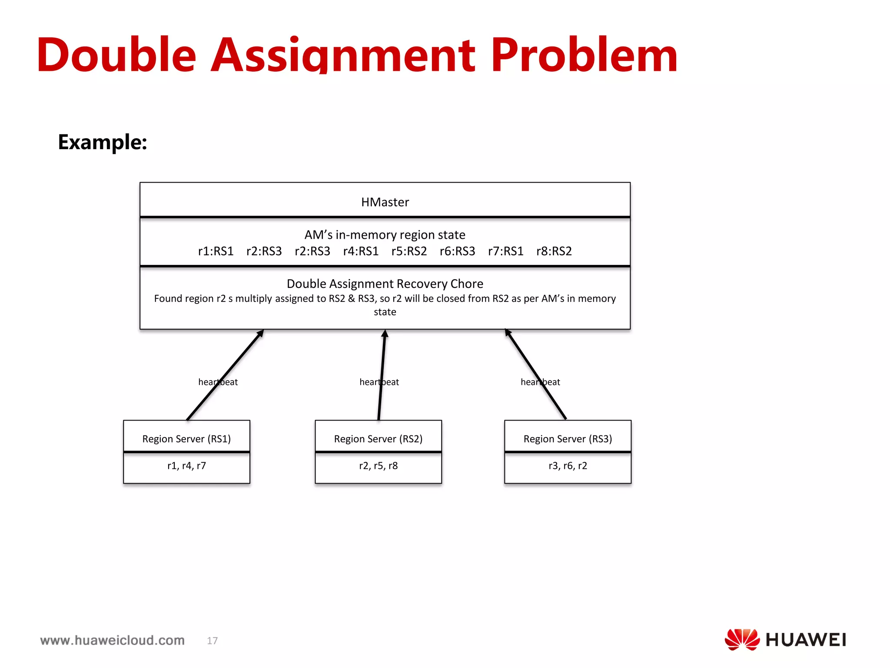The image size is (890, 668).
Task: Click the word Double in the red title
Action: [116, 56]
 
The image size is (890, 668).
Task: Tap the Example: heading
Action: [103, 142]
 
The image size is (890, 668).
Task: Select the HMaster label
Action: [385, 202]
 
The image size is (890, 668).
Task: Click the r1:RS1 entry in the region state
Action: [216, 251]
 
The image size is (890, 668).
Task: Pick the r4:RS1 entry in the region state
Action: [361, 251]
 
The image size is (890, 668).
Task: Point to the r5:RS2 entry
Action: [409, 251]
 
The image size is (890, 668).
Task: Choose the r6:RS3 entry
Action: [457, 251]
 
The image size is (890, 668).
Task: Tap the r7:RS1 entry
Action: [505, 251]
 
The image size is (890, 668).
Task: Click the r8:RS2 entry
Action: [554, 251]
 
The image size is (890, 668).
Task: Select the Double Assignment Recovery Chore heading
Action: [385, 284]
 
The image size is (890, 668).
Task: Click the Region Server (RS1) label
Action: [186, 439]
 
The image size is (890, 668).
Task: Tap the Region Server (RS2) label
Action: [378, 439]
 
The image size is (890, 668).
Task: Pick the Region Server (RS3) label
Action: [568, 439]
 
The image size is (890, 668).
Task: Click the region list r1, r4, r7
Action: [186, 466]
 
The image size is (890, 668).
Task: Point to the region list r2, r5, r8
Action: [378, 466]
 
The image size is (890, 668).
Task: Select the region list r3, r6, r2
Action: [568, 466]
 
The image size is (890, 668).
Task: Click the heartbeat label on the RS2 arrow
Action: [379, 382]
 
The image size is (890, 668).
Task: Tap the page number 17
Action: [212, 641]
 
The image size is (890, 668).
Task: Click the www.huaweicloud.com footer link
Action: [113, 640]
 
